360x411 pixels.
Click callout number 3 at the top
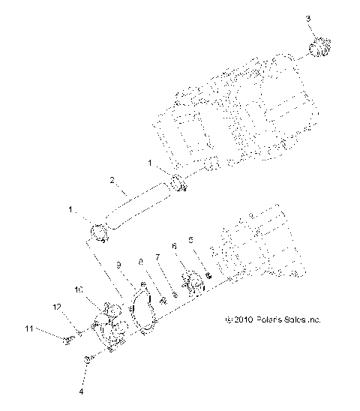click(x=308, y=16)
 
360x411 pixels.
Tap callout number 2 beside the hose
click(x=112, y=180)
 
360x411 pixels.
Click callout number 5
click(x=190, y=240)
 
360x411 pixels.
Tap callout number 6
click(x=174, y=246)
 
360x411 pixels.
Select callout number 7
click(x=158, y=256)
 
